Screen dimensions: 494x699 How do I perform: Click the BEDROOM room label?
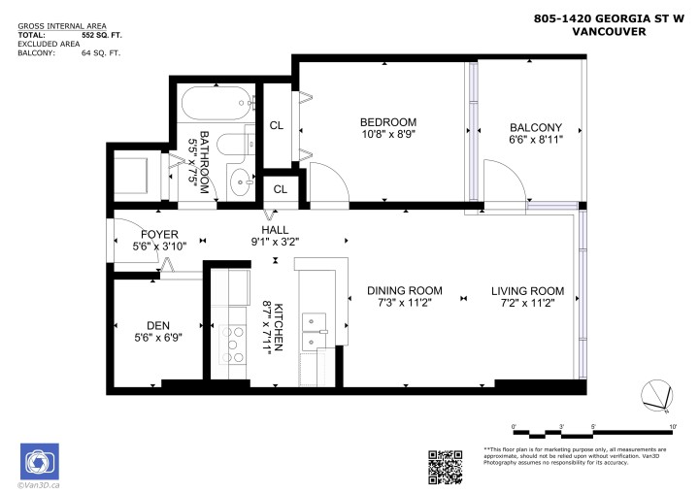coord(387,121)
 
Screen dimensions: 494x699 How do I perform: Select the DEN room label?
coord(157,325)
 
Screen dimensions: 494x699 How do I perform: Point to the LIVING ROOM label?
coord(526,290)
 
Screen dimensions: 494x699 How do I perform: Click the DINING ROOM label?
coord(404,290)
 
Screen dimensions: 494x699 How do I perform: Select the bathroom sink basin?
coord(239,180)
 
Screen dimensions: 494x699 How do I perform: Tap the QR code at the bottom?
coord(445,467)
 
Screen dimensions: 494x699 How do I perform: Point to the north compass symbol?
coord(657,394)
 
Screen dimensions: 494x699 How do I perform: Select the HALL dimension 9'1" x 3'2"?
coord(276,242)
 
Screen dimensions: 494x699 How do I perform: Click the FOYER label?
coord(158,234)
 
